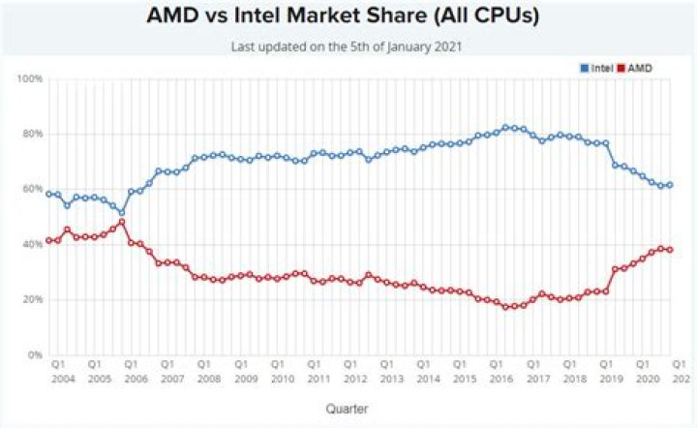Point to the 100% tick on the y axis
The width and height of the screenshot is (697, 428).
tap(30, 78)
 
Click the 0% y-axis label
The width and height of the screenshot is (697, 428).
tap(34, 355)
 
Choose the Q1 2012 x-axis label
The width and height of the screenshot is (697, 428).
tap(354, 372)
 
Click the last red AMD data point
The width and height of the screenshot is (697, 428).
tap(670, 250)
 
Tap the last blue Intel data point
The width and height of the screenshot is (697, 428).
tap(670, 185)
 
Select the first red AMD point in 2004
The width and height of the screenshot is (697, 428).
tap(48, 240)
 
